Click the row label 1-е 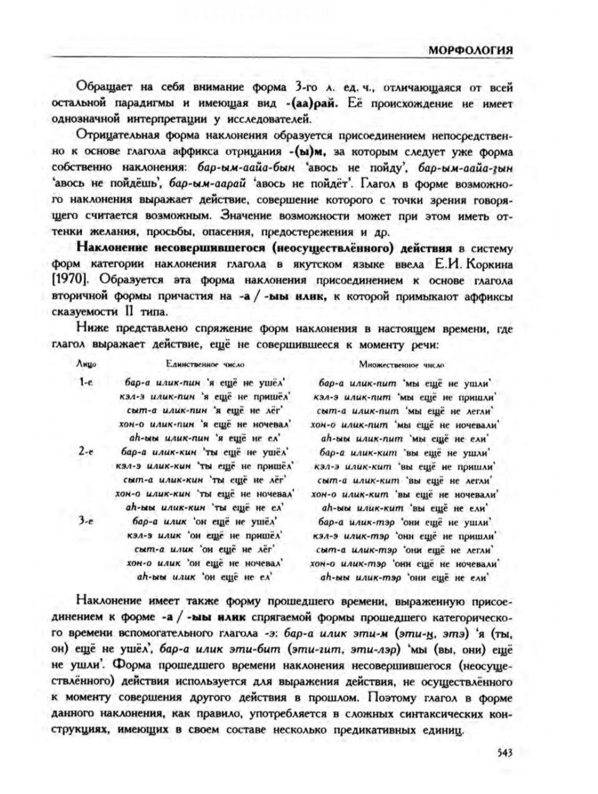click(x=86, y=382)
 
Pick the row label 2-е click(x=86, y=452)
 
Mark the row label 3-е click(x=86, y=522)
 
